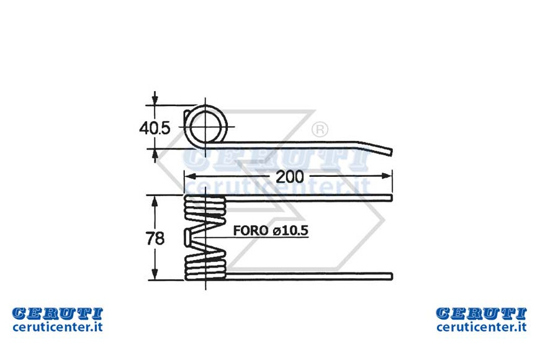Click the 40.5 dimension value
[155, 128]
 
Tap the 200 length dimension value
[290, 177]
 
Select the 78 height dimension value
[155, 238]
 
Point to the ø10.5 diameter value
[290, 230]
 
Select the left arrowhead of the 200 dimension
[191, 176]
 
